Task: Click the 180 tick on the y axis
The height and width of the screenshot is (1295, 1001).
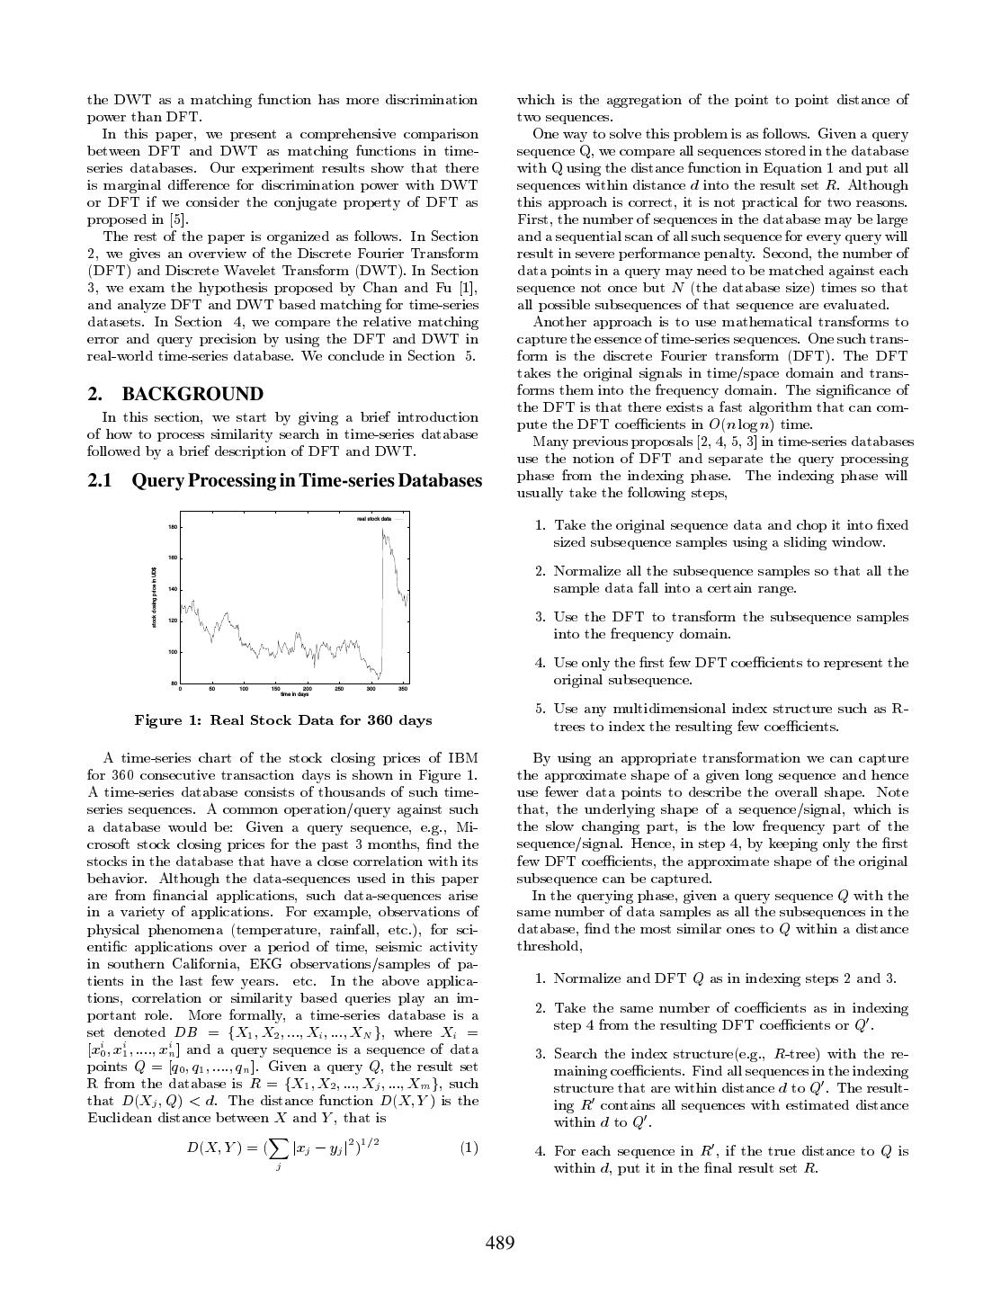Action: tap(172, 527)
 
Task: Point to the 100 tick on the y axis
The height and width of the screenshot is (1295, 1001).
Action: tap(172, 652)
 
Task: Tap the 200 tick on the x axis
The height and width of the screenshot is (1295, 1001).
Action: tap(308, 690)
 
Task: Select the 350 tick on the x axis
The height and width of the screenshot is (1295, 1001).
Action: tap(403, 690)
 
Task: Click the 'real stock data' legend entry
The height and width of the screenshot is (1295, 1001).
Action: tap(373, 519)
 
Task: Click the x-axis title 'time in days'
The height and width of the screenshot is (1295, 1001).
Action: tap(294, 695)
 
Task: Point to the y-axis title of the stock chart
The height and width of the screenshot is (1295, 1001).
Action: tap(155, 597)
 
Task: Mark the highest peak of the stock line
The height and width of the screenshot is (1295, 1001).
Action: tap(383, 531)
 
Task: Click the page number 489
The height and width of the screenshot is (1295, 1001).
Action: tap(500, 1243)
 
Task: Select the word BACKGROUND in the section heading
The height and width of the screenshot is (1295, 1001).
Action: tap(192, 394)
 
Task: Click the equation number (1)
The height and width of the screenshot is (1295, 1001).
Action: tap(469, 1148)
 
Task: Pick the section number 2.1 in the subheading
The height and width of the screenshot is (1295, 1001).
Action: tap(100, 481)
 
